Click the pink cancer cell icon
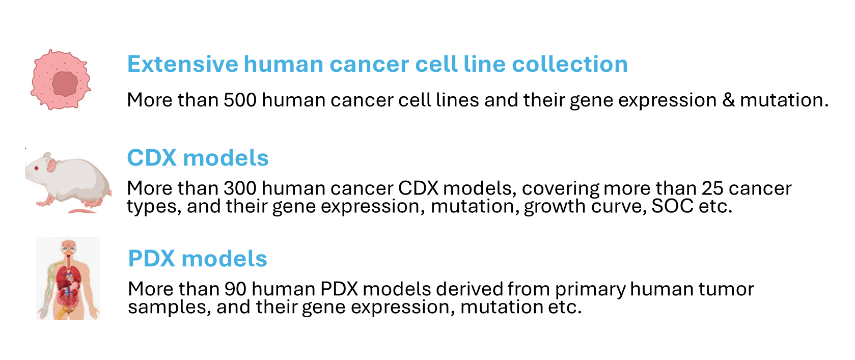(61, 79)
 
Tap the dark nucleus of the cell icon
(65, 84)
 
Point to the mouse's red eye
(37, 168)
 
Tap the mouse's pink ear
(51, 165)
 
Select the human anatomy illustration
(68, 278)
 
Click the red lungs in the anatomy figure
(69, 278)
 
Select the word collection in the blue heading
(570, 64)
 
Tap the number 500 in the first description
(240, 100)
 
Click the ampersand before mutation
(728, 100)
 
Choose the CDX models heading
(198, 158)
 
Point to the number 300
(240, 188)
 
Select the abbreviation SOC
(672, 206)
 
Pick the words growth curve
(585, 207)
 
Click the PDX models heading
(198, 259)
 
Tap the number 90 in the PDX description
(235, 289)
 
